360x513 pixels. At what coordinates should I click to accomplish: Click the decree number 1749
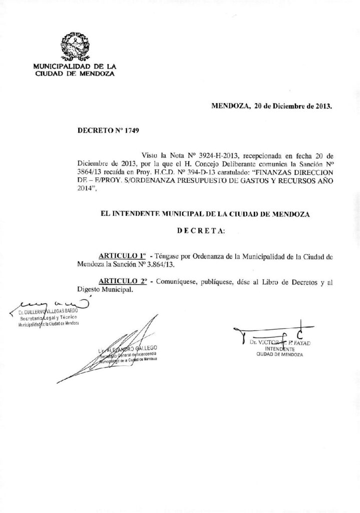pos(130,131)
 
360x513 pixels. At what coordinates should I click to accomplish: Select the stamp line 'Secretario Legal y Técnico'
pos(46,318)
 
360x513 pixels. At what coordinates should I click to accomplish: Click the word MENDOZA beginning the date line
pos(230,106)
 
